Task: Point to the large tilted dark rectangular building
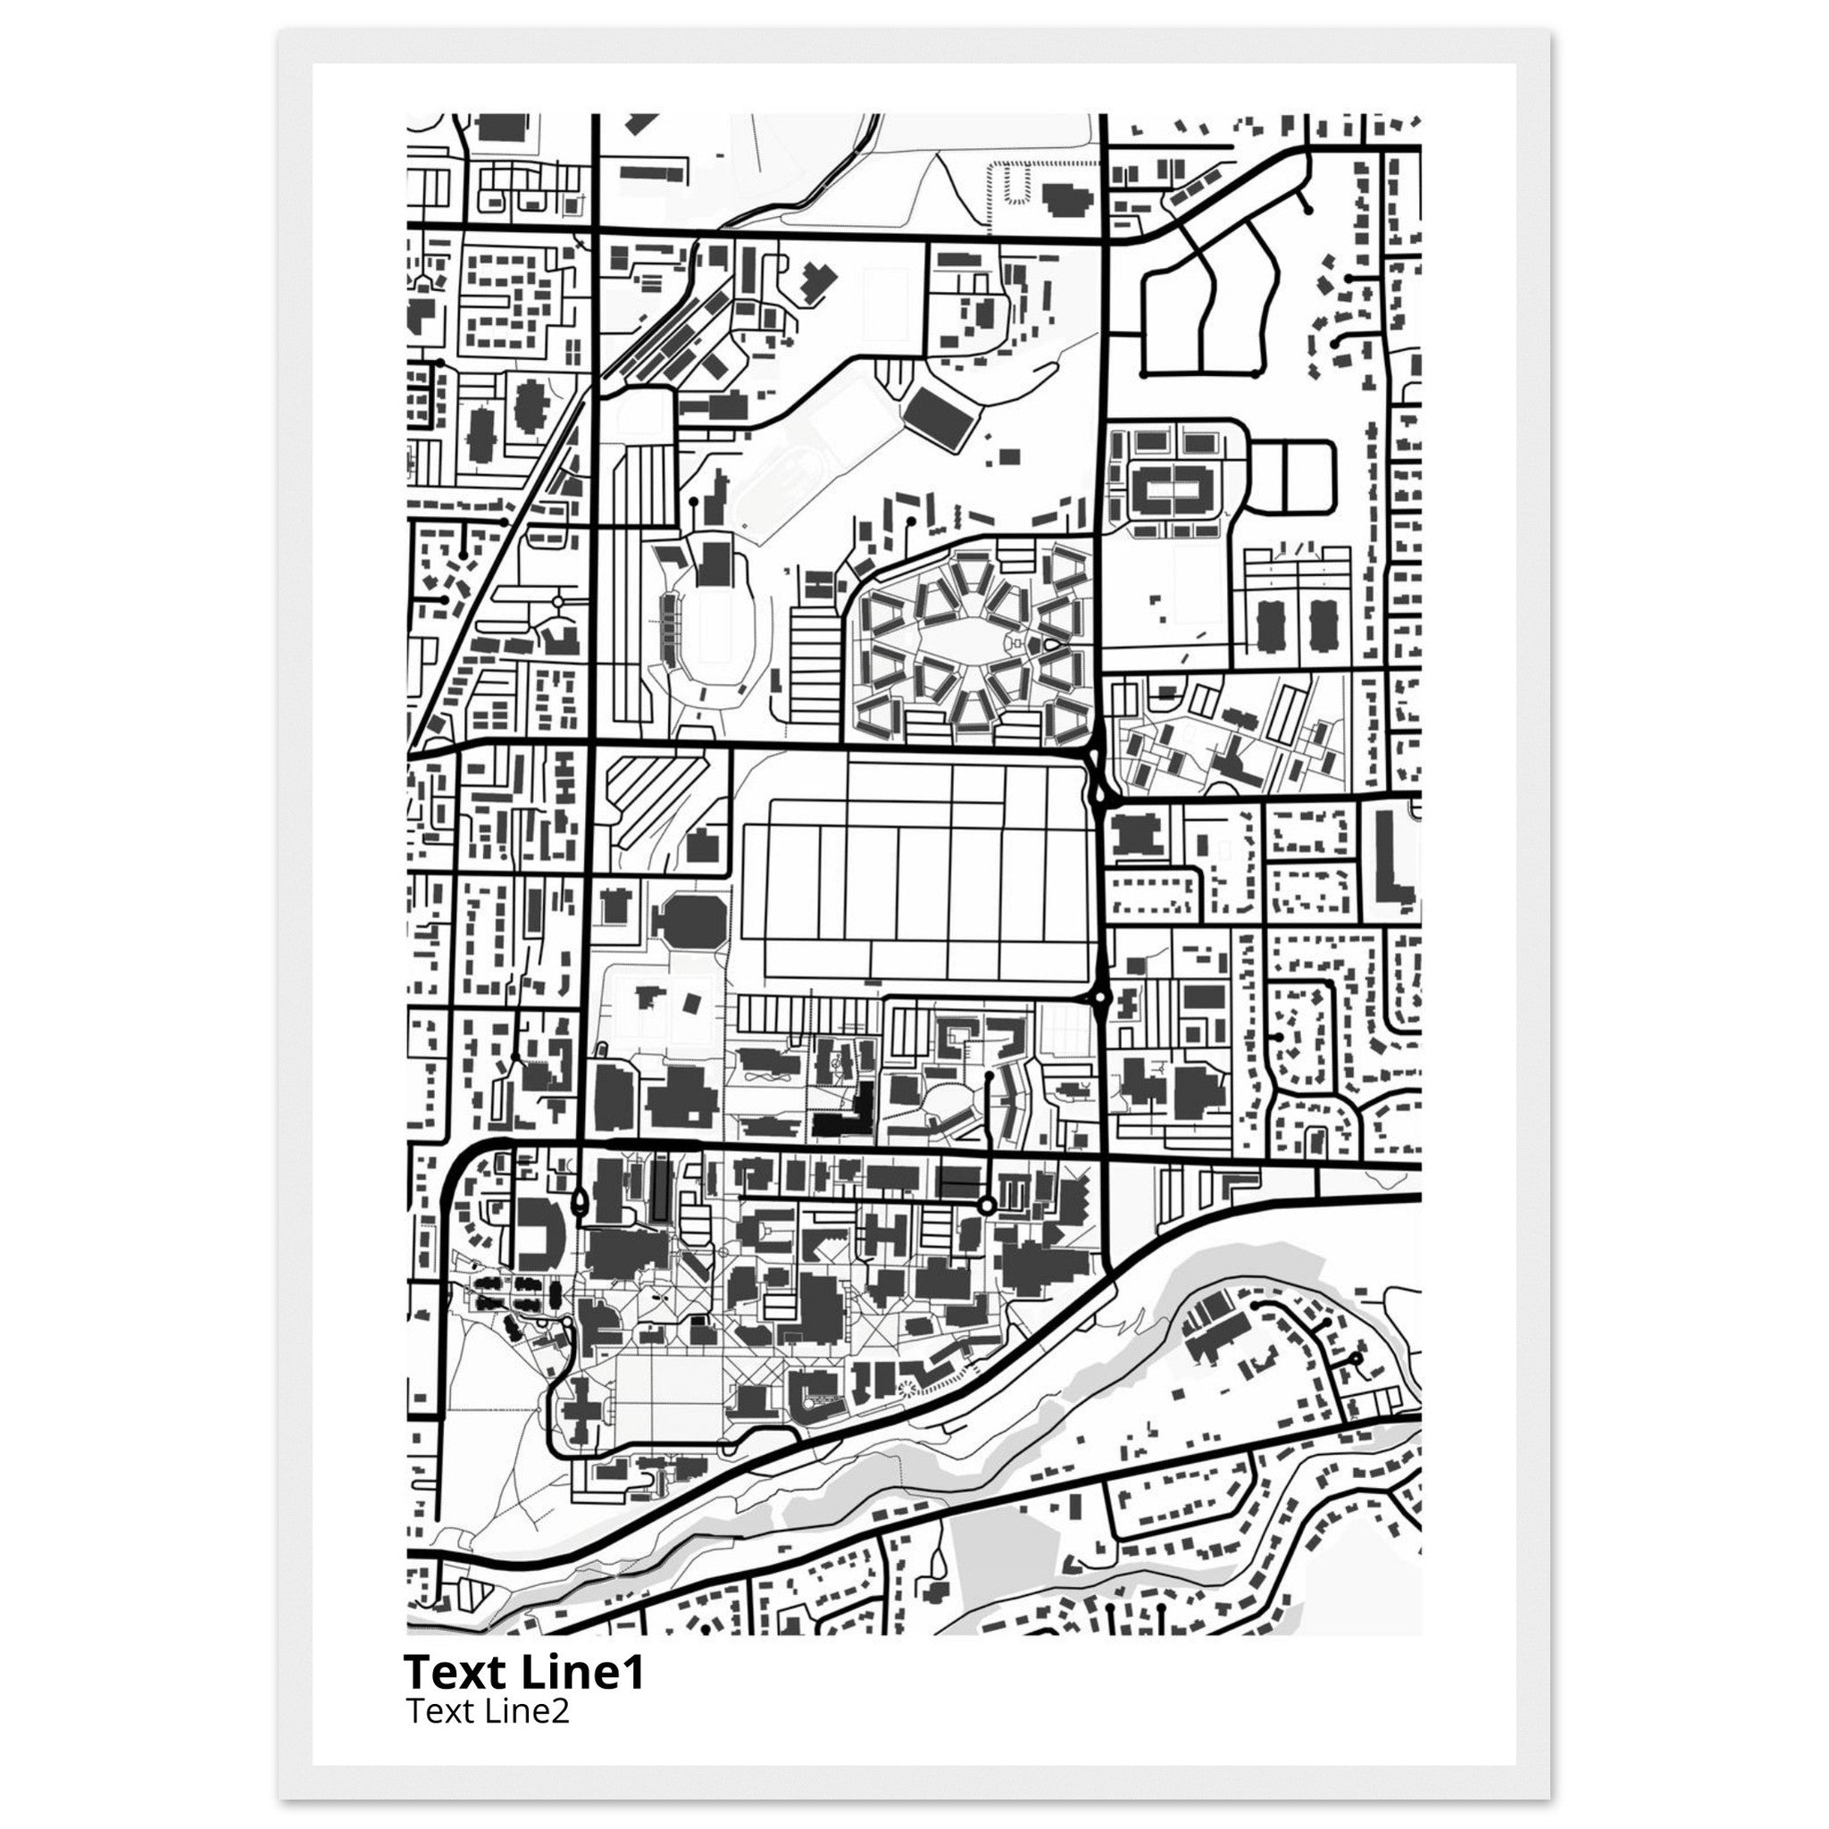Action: (941, 417)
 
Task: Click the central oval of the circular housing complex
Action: (971, 643)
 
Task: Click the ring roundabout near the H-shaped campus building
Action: (986, 1205)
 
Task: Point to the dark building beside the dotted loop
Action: (1068, 200)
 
